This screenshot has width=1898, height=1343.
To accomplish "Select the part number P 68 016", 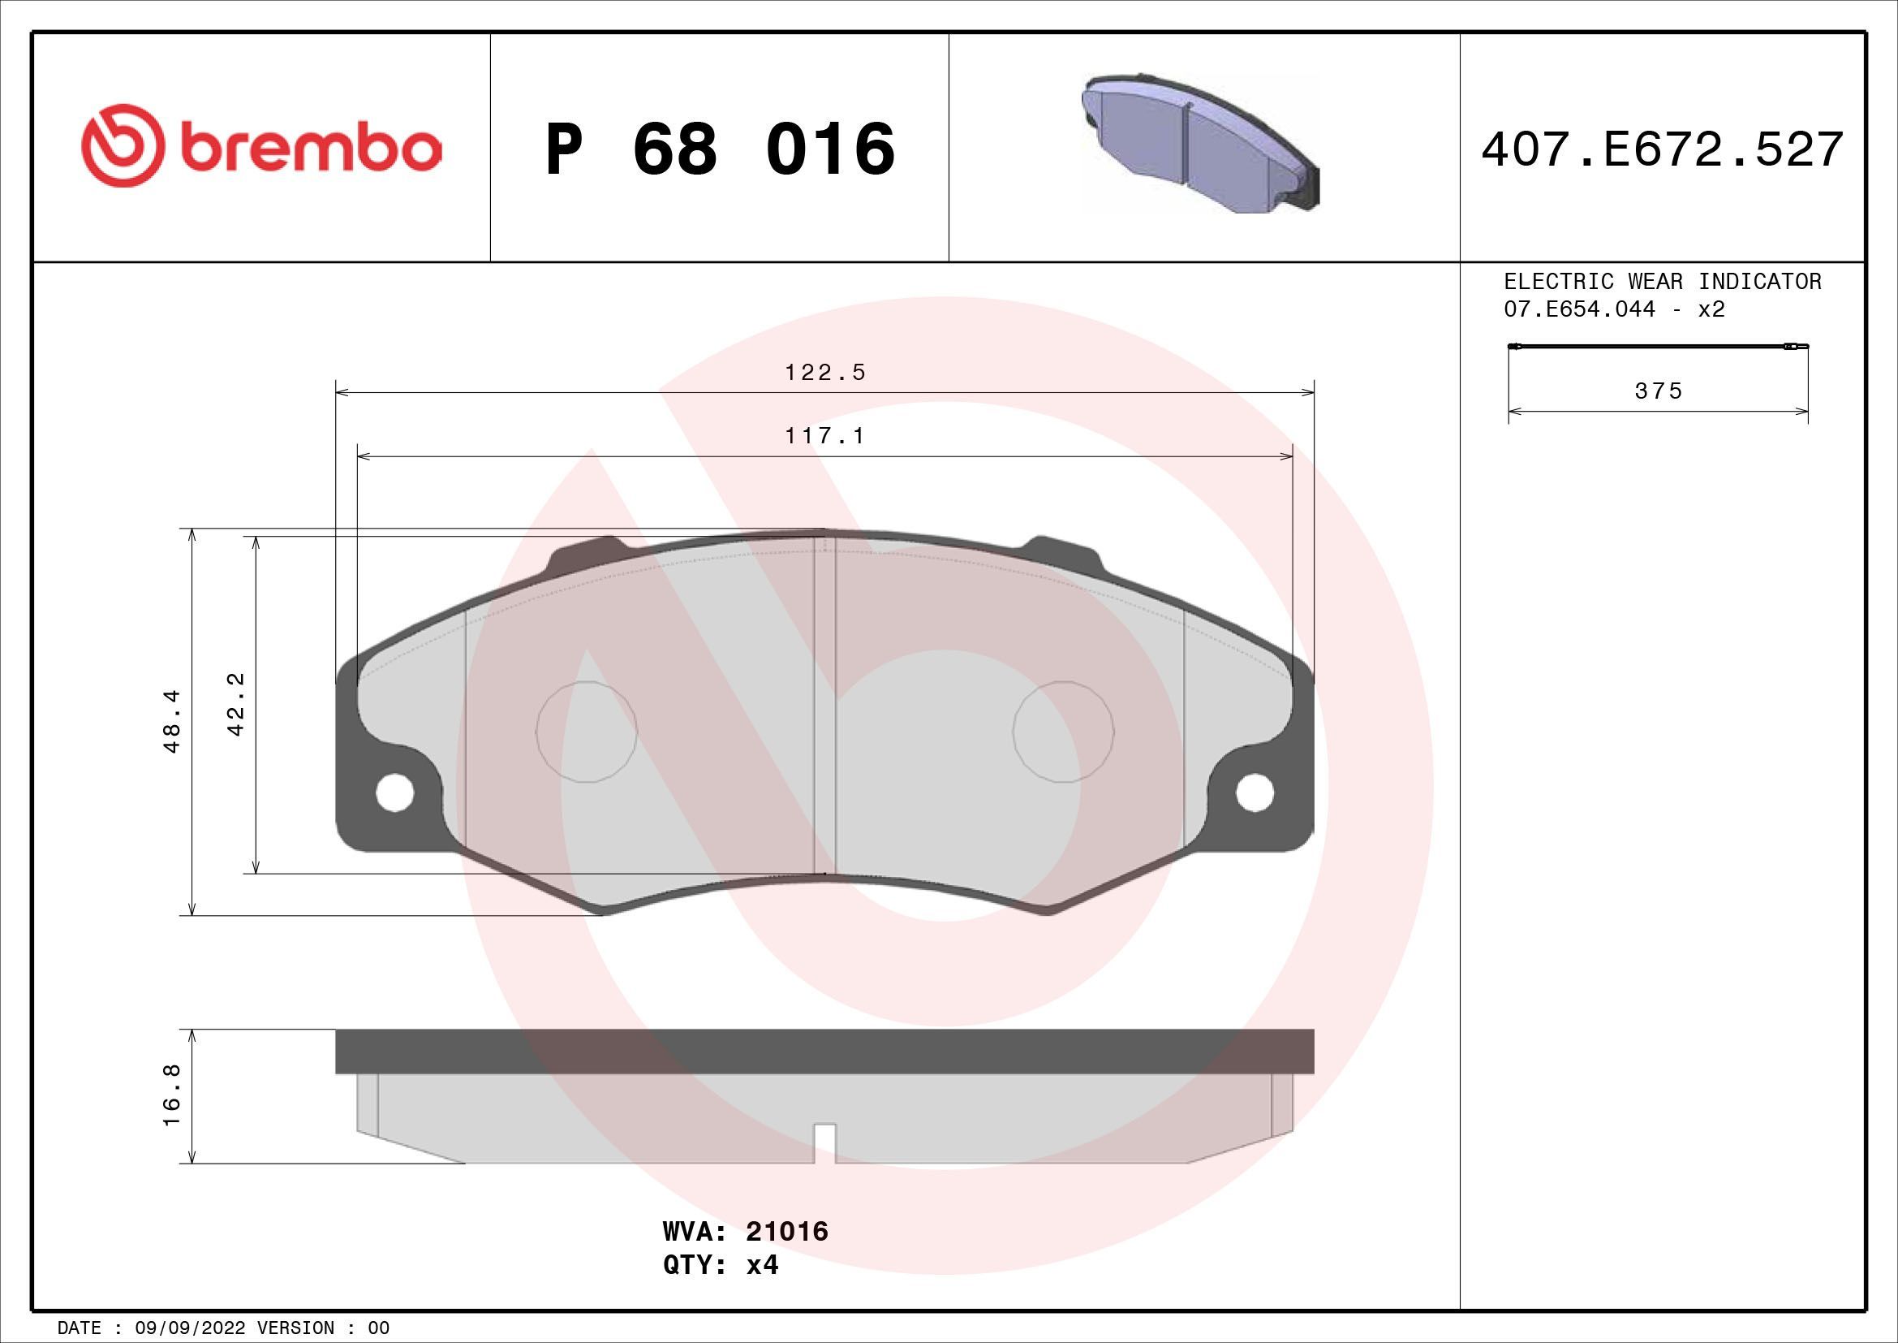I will point(720,149).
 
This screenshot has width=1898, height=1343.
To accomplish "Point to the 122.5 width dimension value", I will point(824,373).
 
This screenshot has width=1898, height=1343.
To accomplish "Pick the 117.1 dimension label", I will point(824,436).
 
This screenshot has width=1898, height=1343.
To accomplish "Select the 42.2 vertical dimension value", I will point(235,705).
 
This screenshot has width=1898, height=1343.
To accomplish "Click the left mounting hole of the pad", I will point(394,793).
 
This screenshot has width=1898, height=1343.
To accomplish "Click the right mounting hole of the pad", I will point(1254,793).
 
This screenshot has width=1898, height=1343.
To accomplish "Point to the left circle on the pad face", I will point(586,732).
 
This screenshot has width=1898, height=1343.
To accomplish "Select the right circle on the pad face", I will point(1063,732).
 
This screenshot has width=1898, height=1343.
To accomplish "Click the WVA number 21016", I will point(786,1254).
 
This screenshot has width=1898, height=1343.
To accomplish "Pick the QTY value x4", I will point(762,1289).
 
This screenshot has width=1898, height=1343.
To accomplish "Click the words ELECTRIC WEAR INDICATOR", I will point(1662,282).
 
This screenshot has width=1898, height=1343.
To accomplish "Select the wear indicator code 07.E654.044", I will point(1579,309).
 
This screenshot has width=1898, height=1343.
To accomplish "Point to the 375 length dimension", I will point(1659,391).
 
